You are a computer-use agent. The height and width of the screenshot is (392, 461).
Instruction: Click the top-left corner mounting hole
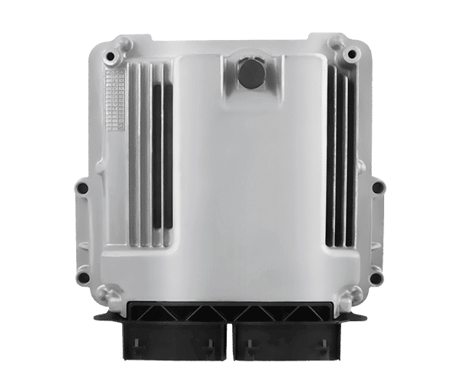pyautogui.click(x=112, y=57)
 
